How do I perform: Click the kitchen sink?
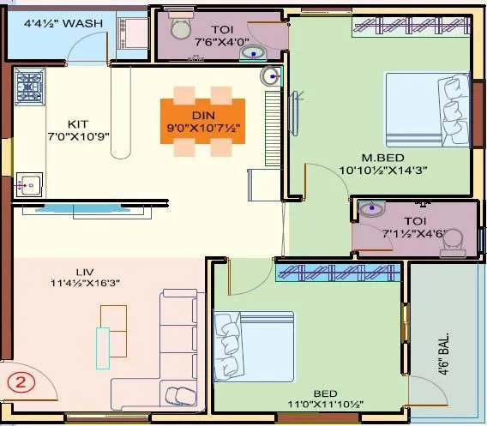(27, 183)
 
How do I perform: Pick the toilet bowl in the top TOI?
(181, 28)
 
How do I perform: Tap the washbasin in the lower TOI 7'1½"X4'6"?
(372, 208)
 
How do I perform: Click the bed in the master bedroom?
(424, 110)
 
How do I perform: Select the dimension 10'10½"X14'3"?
(394, 170)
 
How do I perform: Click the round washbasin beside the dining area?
(270, 76)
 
